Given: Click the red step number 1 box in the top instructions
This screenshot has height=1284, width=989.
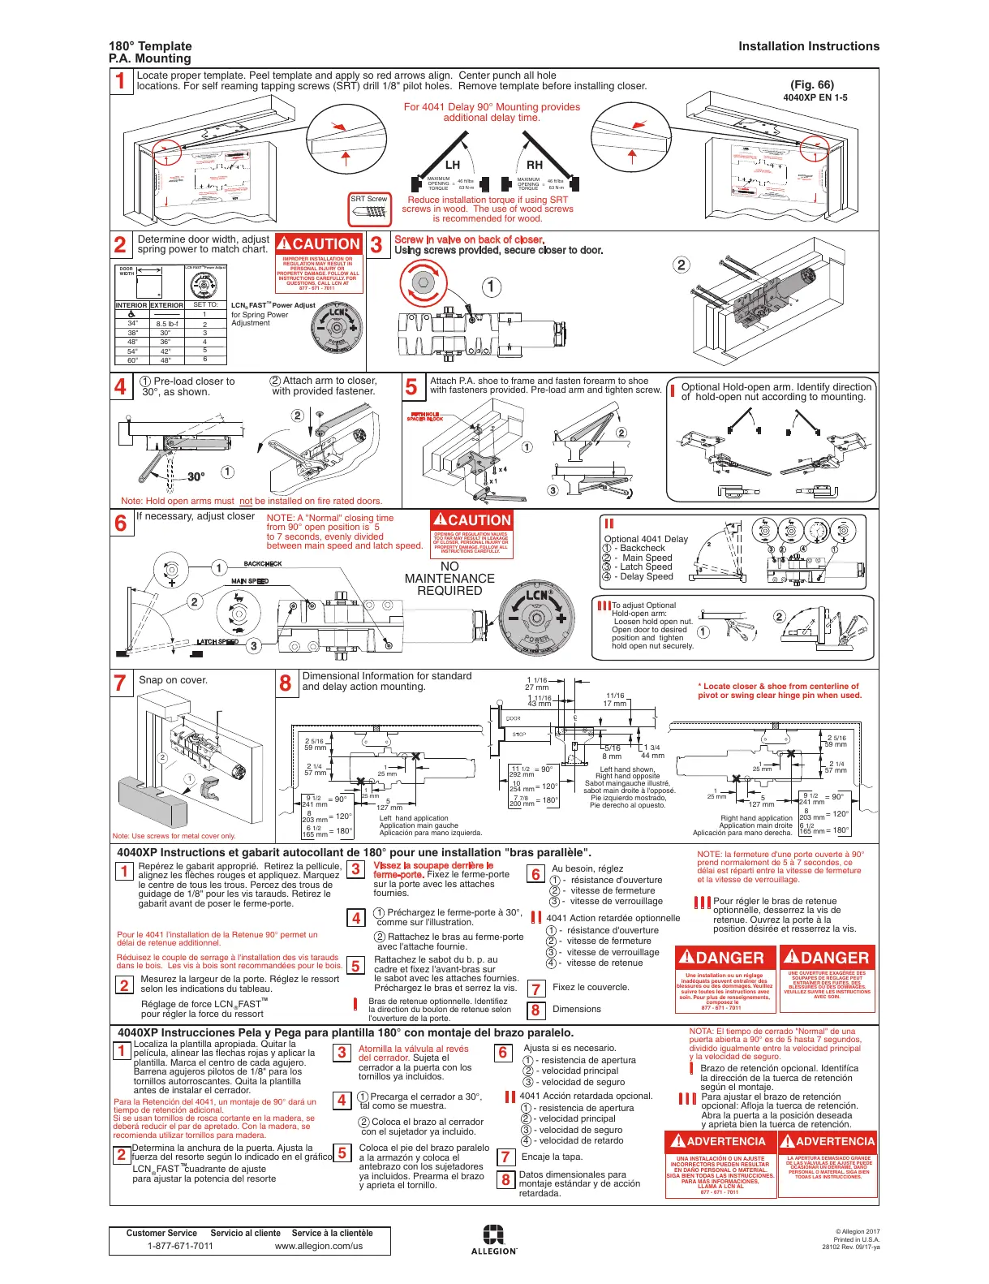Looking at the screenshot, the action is (121, 80).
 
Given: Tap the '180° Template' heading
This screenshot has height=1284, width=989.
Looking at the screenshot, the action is (150, 46).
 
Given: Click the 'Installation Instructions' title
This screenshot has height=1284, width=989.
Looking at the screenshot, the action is (808, 46).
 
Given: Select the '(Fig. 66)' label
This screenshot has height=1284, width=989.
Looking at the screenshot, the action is (811, 84).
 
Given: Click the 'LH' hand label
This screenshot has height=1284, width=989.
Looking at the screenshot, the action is (453, 165).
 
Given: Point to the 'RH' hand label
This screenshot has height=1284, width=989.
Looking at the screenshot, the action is (535, 165).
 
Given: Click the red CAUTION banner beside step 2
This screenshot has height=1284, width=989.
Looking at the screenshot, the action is (318, 243).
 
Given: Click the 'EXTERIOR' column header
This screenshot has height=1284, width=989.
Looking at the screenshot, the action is (166, 305).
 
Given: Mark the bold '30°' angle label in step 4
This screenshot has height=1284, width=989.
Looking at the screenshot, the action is (196, 477).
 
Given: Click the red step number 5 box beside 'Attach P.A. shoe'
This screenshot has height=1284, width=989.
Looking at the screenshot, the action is (411, 387).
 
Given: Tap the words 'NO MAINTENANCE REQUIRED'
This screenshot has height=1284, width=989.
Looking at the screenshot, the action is (449, 578).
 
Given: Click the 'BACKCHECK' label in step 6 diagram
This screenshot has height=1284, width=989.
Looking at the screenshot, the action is (263, 563).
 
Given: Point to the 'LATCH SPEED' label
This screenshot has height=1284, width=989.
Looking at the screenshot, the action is (217, 642).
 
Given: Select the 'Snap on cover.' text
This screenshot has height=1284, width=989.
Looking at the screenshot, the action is (173, 680).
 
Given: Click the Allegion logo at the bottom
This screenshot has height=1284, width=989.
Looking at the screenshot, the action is (493, 1239).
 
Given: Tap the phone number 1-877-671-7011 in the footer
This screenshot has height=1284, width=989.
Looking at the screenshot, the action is (180, 1246).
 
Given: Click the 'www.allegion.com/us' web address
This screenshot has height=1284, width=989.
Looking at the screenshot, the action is (319, 1246).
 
